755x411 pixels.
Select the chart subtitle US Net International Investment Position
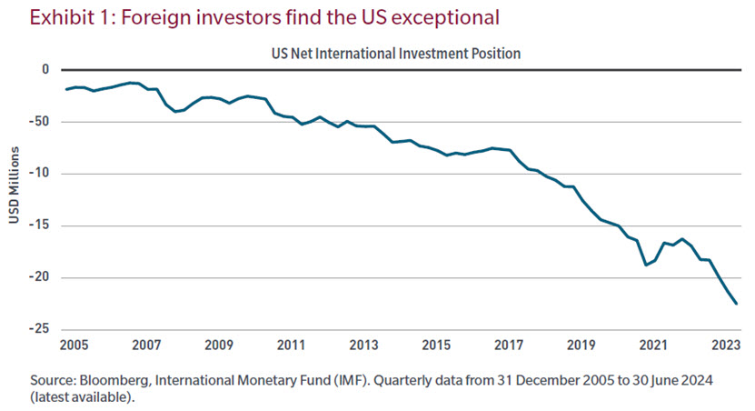point(395,54)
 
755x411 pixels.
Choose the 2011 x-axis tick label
point(291,346)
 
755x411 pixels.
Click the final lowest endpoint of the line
point(736,304)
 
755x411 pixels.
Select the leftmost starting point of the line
point(66,89)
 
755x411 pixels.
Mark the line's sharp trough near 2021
point(646,265)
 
